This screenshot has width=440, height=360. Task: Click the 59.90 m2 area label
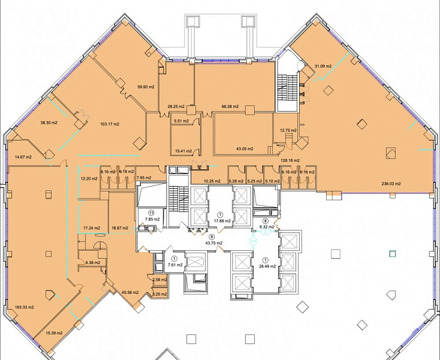pos(146,87)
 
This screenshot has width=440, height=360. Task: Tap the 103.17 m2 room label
pos(110,124)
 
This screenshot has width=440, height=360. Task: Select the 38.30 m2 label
pos(49,123)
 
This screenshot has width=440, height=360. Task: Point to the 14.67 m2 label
pos(23,157)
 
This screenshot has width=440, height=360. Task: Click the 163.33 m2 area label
pos(25,307)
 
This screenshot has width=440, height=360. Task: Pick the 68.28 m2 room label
pos(230,107)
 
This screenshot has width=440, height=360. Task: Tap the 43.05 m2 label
pos(245,149)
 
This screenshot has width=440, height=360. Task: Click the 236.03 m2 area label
pos(391,184)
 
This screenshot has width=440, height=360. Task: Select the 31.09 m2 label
pos(323,66)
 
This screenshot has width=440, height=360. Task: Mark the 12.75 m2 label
pos(288,131)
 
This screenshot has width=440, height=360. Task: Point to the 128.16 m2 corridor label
pos(290,161)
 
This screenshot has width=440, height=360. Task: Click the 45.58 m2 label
pos(130,293)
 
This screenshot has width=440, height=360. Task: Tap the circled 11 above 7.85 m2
pos(152,213)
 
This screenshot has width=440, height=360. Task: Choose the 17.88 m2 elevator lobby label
pos(222,221)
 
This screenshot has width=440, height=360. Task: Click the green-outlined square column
pos(392,254)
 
